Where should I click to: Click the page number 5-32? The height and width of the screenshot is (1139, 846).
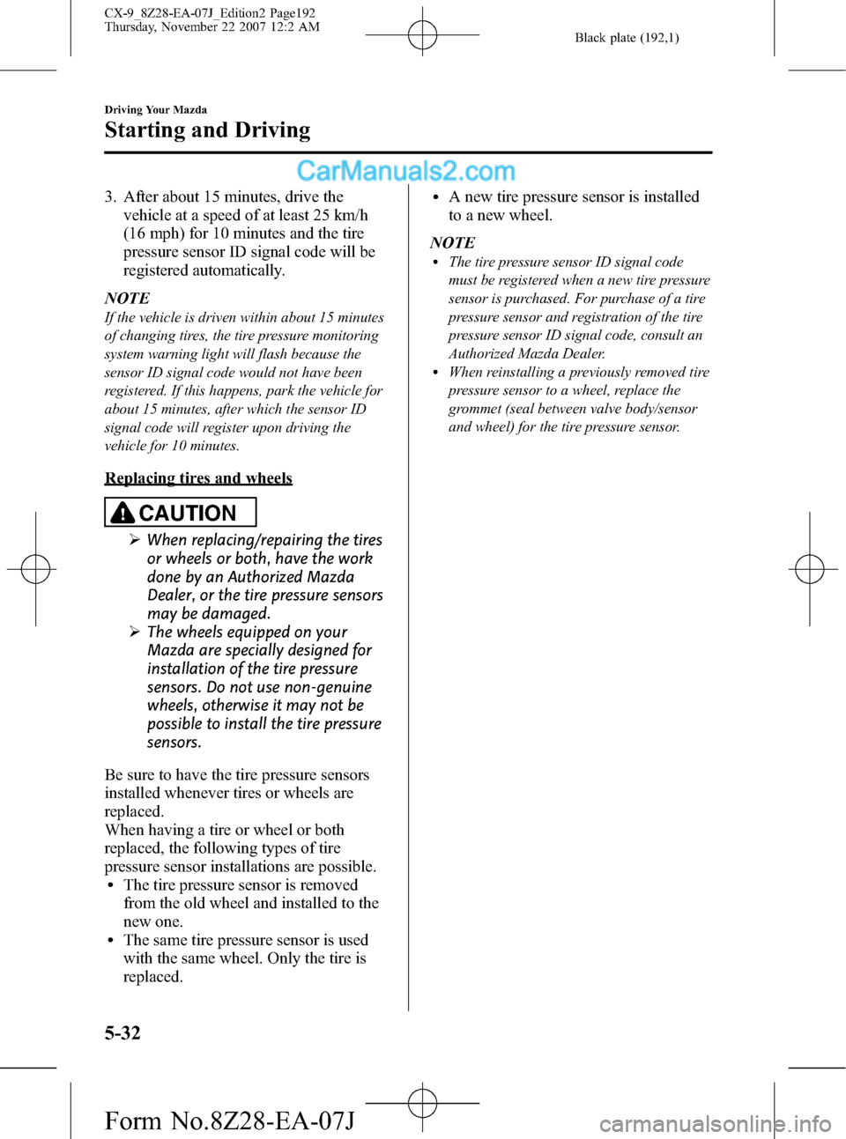[122, 1032]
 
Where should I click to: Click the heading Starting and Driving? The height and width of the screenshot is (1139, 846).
[207, 130]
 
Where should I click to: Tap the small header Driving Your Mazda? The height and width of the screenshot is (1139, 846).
[155, 110]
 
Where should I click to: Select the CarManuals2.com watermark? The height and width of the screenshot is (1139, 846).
[405, 171]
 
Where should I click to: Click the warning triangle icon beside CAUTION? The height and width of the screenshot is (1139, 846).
[123, 512]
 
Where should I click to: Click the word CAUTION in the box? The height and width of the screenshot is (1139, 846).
[188, 513]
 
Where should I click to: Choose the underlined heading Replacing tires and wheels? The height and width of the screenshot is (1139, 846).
[198, 478]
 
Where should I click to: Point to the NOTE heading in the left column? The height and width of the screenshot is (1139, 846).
[127, 298]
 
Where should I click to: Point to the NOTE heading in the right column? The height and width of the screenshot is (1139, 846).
[452, 242]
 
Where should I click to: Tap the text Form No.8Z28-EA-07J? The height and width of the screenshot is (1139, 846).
[229, 1121]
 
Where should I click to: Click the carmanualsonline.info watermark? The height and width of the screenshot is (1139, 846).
[715, 1124]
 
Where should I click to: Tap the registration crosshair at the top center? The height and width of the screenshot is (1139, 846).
[422, 35]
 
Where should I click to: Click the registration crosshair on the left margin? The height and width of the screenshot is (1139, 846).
[35, 569]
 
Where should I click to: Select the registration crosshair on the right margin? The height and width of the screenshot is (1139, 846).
[809, 569]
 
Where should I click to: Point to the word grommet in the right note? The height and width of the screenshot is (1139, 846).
[476, 409]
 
